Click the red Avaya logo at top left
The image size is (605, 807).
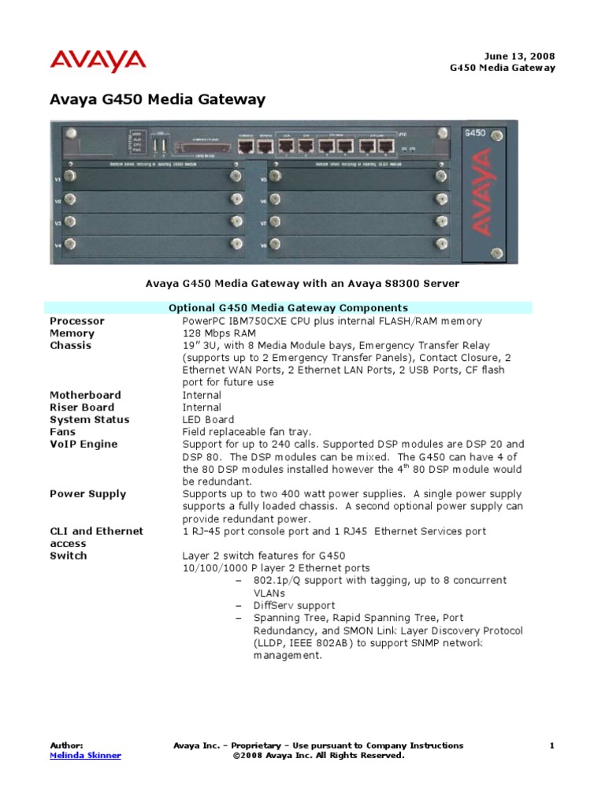pyautogui.click(x=98, y=61)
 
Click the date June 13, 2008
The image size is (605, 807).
pyautogui.click(x=519, y=56)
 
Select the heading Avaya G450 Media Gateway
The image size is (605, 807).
pyautogui.click(x=158, y=100)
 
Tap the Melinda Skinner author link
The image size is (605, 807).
pyautogui.click(x=85, y=755)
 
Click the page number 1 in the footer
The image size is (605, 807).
pyautogui.click(x=552, y=745)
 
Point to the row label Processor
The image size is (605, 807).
pyautogui.click(x=77, y=321)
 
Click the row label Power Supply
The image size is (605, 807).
pyautogui.click(x=87, y=494)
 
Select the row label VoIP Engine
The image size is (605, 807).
pyautogui.click(x=84, y=444)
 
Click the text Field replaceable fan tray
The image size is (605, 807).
pyautogui.click(x=247, y=432)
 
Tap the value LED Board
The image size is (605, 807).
pyautogui.click(x=209, y=419)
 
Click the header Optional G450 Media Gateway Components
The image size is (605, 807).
pyautogui.click(x=289, y=307)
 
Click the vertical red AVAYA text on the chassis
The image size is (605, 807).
pyautogui.click(x=483, y=193)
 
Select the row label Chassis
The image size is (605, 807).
pyautogui.click(x=70, y=345)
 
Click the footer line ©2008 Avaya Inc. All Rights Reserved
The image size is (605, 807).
pyautogui.click(x=319, y=755)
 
